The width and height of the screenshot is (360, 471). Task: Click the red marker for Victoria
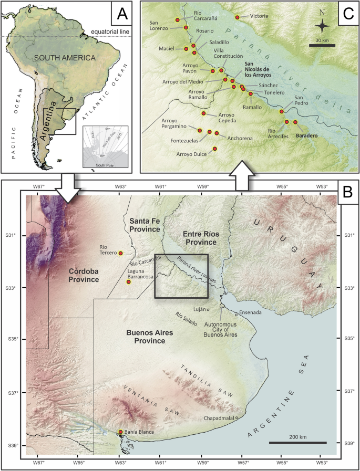[x=238, y=17]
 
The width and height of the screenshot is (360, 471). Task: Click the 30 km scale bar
[x=322, y=45]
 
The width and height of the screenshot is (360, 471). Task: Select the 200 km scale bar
[x=297, y=442]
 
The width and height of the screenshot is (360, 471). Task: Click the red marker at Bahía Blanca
[x=121, y=432]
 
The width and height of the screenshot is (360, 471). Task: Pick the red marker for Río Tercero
[x=121, y=253]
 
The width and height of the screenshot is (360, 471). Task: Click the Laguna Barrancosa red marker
[x=128, y=282]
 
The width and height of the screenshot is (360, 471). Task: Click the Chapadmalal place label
[x=218, y=418]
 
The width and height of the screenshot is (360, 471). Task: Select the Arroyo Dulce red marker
[x=214, y=149]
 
